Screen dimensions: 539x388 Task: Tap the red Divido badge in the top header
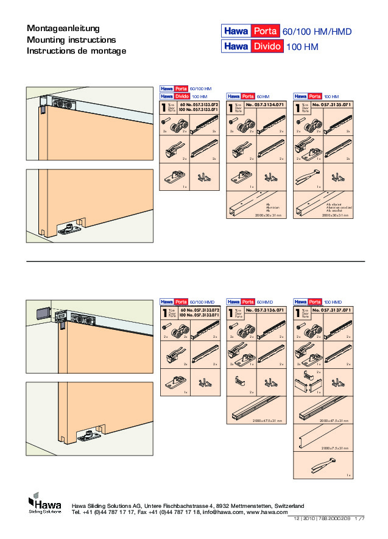pyautogui.click(x=267, y=46)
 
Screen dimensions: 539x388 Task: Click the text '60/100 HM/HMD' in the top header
pyautogui.click(x=317, y=32)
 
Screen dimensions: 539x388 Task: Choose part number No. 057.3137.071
pyautogui.click(x=332, y=311)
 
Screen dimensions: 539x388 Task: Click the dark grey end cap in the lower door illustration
pyautogui.click(x=40, y=312)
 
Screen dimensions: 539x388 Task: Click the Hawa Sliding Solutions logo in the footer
pyautogui.click(x=45, y=505)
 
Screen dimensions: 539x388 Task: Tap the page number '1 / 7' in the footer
pyautogui.click(x=359, y=518)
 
